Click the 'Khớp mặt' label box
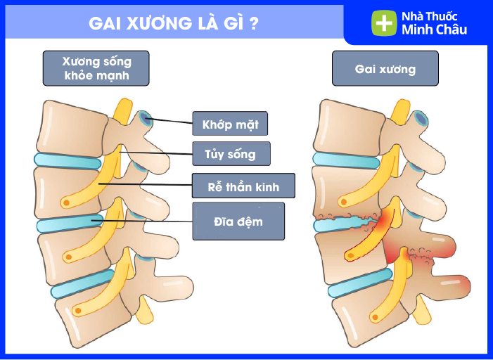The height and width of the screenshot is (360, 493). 230,124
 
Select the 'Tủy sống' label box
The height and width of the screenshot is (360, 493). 230,153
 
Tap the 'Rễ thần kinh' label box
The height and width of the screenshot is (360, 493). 243,186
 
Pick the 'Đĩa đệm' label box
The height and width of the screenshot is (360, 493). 238,221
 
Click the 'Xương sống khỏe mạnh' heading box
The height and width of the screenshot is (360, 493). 96,68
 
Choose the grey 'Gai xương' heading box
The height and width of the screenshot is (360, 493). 385,69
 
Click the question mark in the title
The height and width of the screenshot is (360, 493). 253,23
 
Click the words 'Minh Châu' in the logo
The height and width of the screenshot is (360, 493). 434,30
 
